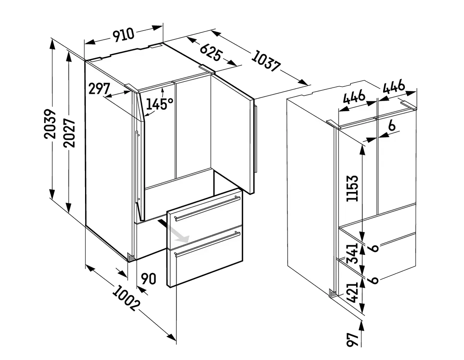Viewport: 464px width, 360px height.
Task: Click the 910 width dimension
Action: [x=123, y=35]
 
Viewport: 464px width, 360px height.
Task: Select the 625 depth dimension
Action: [x=210, y=52]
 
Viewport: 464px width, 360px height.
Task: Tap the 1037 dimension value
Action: [x=265, y=61]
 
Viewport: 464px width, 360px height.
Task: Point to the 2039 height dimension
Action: [x=50, y=124]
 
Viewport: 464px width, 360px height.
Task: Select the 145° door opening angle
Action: [x=160, y=104]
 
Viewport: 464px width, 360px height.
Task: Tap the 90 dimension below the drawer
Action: [x=148, y=279]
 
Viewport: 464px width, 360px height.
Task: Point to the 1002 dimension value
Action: [x=126, y=299]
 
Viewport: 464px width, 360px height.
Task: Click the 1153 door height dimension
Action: [x=352, y=188]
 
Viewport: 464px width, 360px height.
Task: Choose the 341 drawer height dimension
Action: [x=352, y=253]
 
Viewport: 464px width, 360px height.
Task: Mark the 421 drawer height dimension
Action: [x=352, y=292]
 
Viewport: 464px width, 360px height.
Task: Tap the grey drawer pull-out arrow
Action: [x=173, y=231]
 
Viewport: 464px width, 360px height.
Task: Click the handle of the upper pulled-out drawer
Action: [x=207, y=208]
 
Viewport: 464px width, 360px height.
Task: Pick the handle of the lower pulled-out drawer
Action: [x=207, y=244]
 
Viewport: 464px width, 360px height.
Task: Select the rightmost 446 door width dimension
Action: [x=394, y=87]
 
